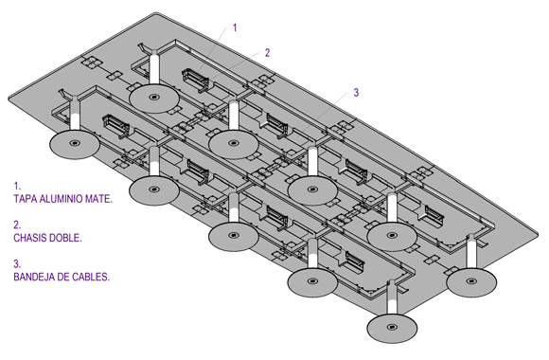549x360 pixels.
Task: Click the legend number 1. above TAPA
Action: point(17,186)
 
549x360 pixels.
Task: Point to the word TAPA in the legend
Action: point(26,199)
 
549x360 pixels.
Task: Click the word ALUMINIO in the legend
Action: point(63,199)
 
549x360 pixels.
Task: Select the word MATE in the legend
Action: point(100,199)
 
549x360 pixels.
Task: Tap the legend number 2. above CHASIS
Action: point(17,225)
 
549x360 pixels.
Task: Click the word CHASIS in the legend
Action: point(30,238)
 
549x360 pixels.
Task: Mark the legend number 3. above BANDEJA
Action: point(17,263)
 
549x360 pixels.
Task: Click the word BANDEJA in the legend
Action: point(34,277)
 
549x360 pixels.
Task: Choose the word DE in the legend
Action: point(63,277)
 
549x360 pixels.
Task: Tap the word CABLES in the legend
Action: point(91,277)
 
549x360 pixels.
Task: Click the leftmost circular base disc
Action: point(75,144)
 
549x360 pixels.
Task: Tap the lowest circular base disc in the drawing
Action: point(392,328)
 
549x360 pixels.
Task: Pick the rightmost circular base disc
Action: point(471,282)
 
